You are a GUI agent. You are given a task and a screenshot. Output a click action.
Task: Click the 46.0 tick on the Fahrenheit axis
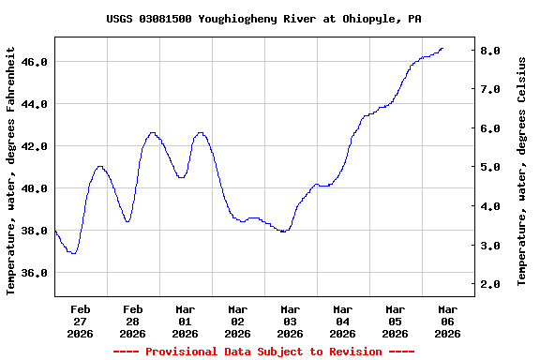click(x=34, y=62)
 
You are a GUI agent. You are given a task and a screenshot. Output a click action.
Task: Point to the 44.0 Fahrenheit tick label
click(x=34, y=104)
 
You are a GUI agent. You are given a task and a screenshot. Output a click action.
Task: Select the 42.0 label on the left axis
click(x=34, y=146)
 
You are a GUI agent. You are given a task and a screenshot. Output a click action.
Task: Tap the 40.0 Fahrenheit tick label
click(x=34, y=188)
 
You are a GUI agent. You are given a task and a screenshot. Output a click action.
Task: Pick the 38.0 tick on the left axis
click(x=34, y=231)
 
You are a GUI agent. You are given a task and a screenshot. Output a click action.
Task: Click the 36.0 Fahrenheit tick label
click(x=34, y=273)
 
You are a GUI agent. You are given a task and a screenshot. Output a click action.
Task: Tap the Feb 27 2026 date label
click(x=81, y=321)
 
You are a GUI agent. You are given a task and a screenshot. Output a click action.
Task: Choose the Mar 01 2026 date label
click(x=186, y=321)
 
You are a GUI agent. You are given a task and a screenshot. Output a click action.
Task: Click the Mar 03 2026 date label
click(x=291, y=321)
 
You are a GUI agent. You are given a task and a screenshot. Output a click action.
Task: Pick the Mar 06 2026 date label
click(x=448, y=321)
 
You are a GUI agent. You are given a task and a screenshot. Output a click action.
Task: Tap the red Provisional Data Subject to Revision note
click(x=263, y=352)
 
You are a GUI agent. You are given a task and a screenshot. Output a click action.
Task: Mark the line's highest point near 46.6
click(x=442, y=49)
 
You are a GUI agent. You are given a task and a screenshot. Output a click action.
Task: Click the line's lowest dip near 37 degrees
click(x=72, y=253)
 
